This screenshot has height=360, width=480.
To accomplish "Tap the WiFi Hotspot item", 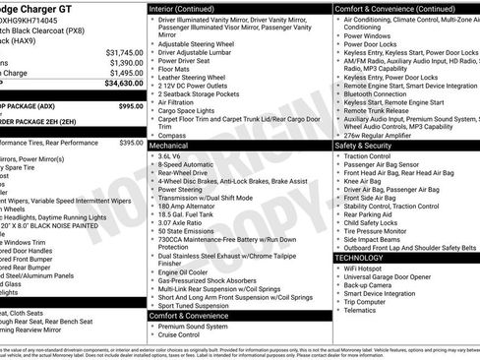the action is [365, 269].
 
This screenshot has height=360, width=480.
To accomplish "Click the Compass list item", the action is [175, 134].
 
